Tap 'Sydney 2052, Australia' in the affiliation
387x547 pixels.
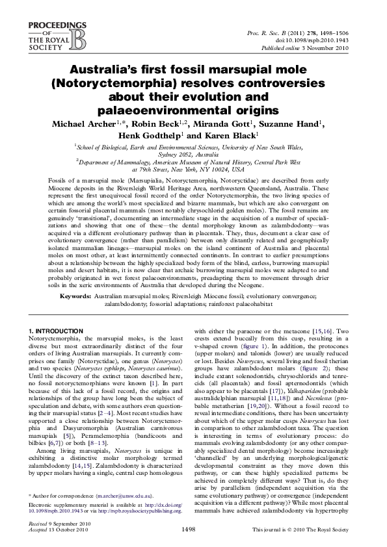[193, 155]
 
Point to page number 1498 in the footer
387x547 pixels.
[193, 529]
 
